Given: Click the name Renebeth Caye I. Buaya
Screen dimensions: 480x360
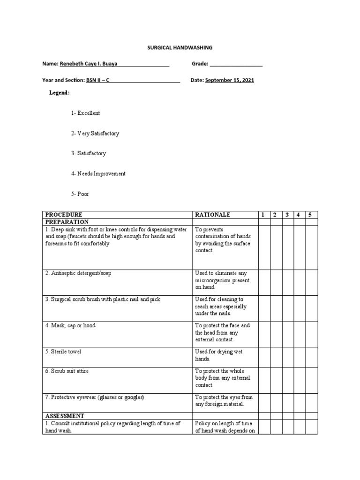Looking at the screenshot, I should click(89, 63).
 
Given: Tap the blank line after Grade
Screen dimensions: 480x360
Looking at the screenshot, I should click(236, 64).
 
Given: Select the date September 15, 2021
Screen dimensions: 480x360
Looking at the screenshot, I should click(230, 80).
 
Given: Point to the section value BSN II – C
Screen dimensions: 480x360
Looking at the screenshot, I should click(98, 80).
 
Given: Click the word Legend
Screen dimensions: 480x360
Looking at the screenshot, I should click(59, 93).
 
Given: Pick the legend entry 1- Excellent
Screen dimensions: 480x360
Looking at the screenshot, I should click(85, 113).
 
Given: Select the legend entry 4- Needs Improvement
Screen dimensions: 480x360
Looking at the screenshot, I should click(98, 173).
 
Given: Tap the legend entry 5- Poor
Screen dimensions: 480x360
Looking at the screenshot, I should click(80, 194).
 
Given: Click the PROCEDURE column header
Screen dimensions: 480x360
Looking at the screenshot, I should click(64, 215).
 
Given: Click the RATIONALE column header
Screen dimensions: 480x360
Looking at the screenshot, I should click(213, 215).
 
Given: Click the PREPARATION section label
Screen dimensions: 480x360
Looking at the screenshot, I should click(67, 222).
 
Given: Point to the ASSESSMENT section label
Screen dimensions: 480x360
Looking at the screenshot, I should click(65, 416).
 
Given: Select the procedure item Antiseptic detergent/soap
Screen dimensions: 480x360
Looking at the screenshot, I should click(79, 273).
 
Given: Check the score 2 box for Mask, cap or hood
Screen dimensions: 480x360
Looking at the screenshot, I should click(276, 332).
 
